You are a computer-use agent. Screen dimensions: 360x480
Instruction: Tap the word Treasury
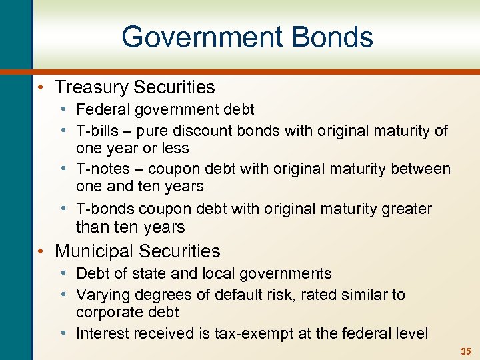pyautogui.click(x=93, y=87)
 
